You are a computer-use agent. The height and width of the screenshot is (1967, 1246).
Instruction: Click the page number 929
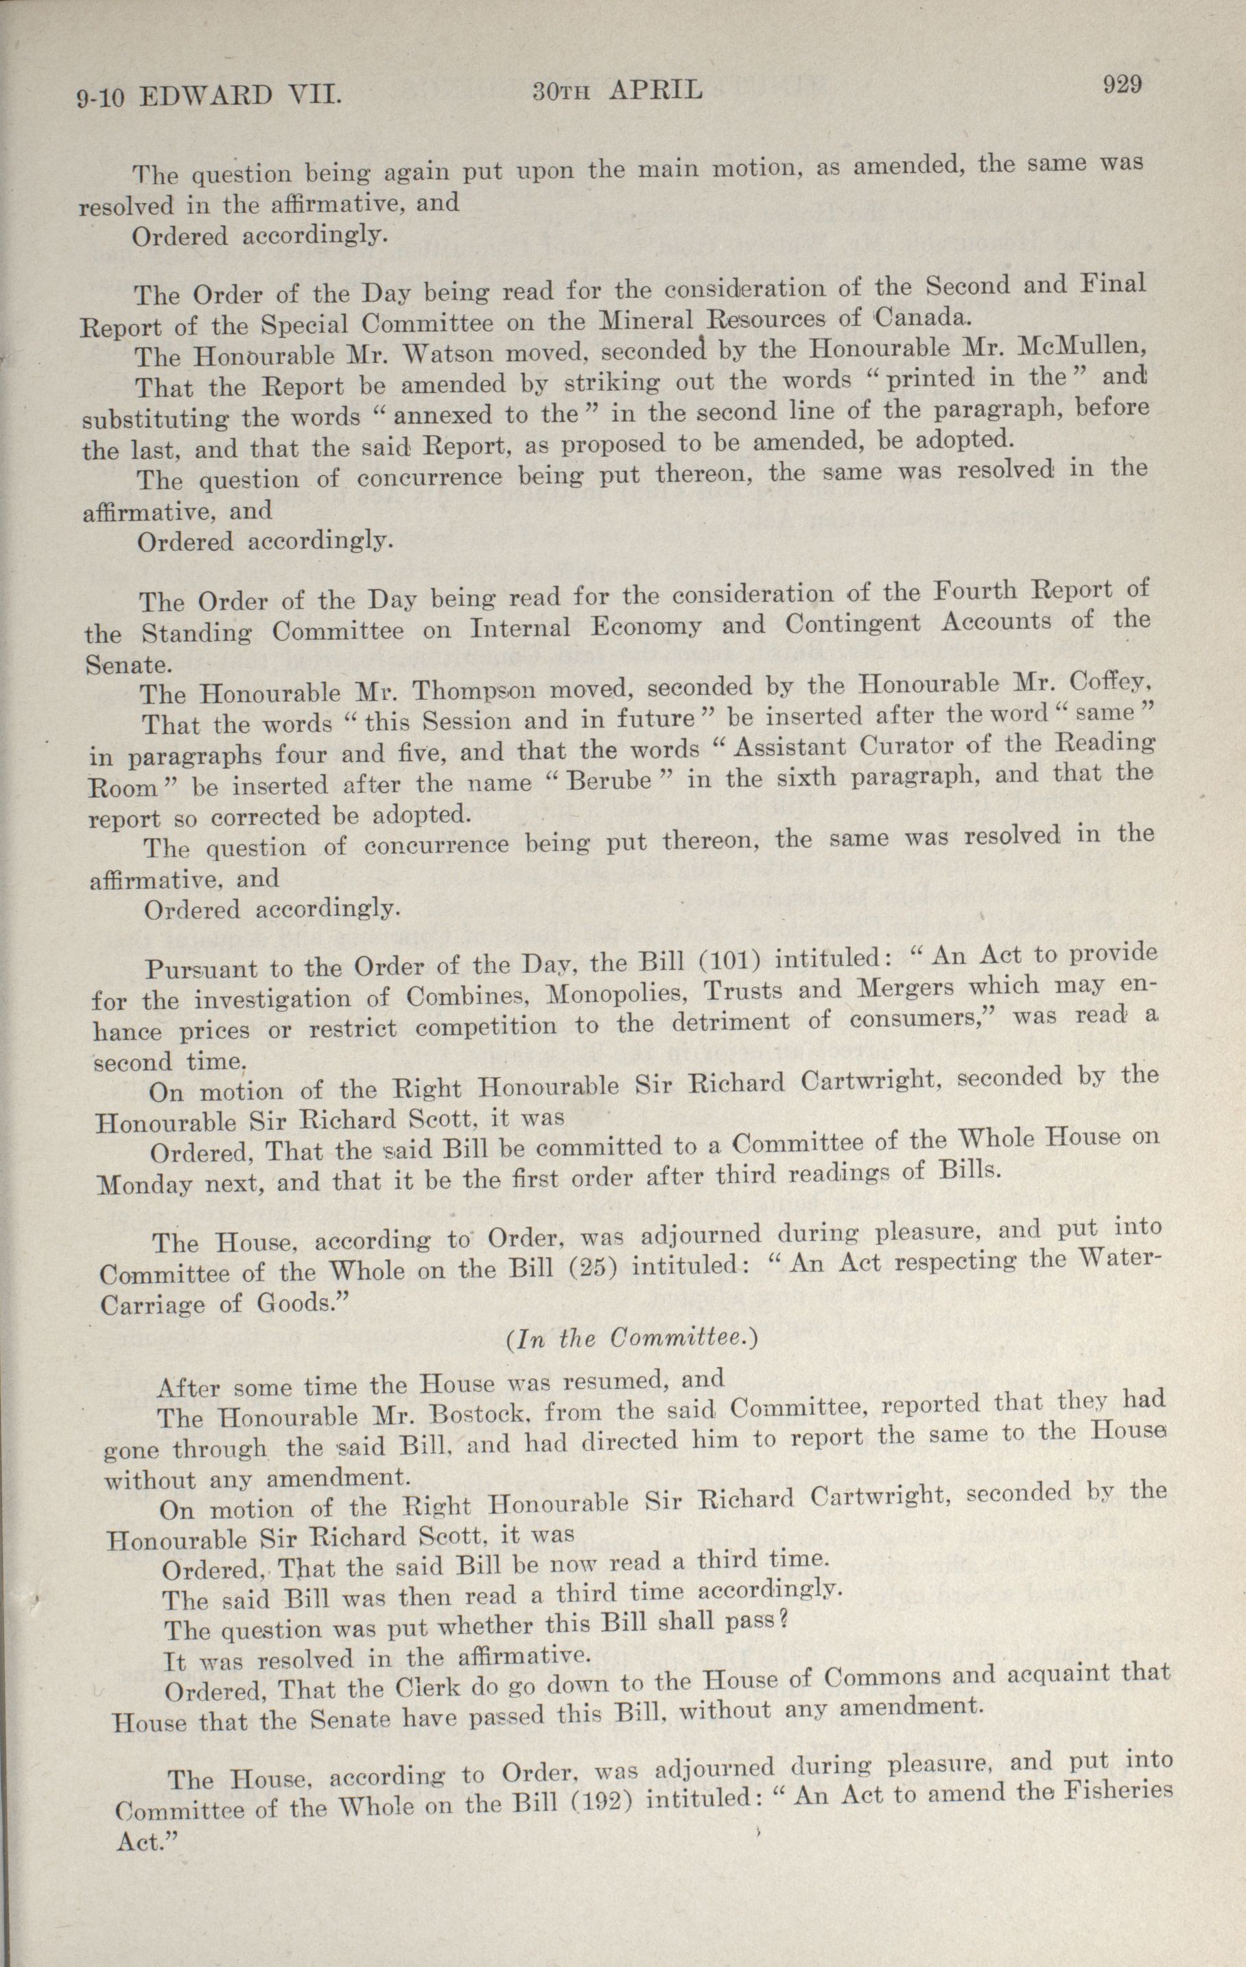[1121, 85]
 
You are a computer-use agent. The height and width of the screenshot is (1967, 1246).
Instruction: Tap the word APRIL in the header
[655, 91]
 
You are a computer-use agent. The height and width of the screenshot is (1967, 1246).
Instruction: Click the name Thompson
[475, 691]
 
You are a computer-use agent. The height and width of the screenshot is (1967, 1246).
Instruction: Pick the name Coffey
[1108, 681]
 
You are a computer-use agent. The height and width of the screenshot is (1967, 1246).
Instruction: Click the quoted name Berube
[609, 779]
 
